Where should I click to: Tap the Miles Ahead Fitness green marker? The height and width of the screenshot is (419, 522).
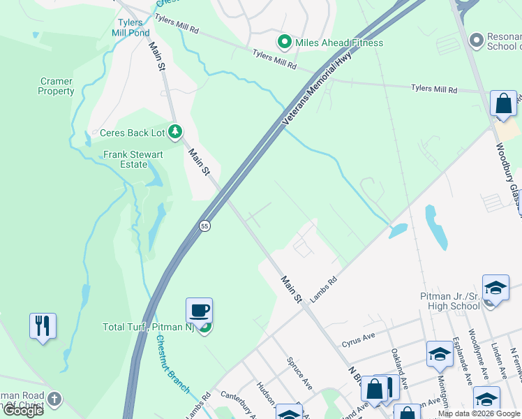coord(284,43)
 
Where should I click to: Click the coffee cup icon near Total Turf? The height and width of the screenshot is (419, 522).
coord(199,309)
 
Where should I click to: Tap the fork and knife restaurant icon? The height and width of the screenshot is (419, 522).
coord(43,325)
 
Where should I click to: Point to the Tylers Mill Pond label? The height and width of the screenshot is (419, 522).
coord(130,27)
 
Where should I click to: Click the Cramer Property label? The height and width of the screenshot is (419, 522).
coord(56,87)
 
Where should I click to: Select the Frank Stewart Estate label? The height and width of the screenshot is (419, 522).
coord(126,159)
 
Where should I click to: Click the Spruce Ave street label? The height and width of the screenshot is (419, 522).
coord(301,374)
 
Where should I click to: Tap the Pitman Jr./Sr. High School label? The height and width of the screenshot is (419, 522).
coord(450,301)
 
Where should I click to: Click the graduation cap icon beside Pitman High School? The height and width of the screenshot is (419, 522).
coord(495,287)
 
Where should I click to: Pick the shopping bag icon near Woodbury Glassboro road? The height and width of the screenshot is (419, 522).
coord(503,103)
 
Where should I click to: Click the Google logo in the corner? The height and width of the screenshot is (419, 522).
coord(23,411)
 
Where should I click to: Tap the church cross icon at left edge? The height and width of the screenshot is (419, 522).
coord(54,400)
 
